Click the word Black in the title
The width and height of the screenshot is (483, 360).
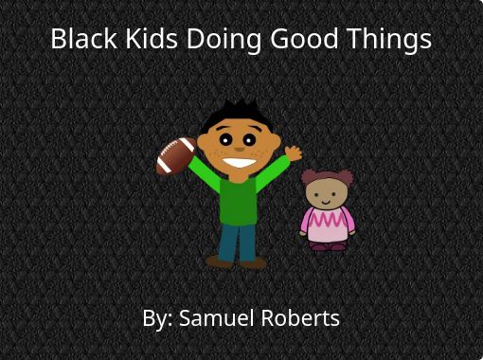click(83, 38)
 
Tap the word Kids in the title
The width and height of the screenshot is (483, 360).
click(152, 38)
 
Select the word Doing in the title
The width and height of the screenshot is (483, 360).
click(224, 41)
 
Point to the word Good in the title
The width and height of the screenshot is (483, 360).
click(304, 38)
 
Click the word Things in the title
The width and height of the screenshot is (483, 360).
click(389, 41)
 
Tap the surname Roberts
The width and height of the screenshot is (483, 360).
click(300, 317)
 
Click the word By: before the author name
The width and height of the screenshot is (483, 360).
click(157, 318)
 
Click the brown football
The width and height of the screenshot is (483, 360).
click(176, 155)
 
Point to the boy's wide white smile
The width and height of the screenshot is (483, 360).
click(240, 163)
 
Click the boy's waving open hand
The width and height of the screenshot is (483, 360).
click(294, 153)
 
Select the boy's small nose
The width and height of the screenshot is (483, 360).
click(240, 149)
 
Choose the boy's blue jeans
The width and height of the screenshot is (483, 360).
click(237, 243)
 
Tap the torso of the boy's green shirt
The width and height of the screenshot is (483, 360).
click(239, 202)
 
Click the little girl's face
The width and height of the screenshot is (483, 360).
click(327, 193)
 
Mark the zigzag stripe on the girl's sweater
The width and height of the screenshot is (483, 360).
click(328, 219)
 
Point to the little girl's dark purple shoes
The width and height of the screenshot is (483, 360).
click(328, 246)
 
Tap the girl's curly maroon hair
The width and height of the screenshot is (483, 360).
click(328, 177)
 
